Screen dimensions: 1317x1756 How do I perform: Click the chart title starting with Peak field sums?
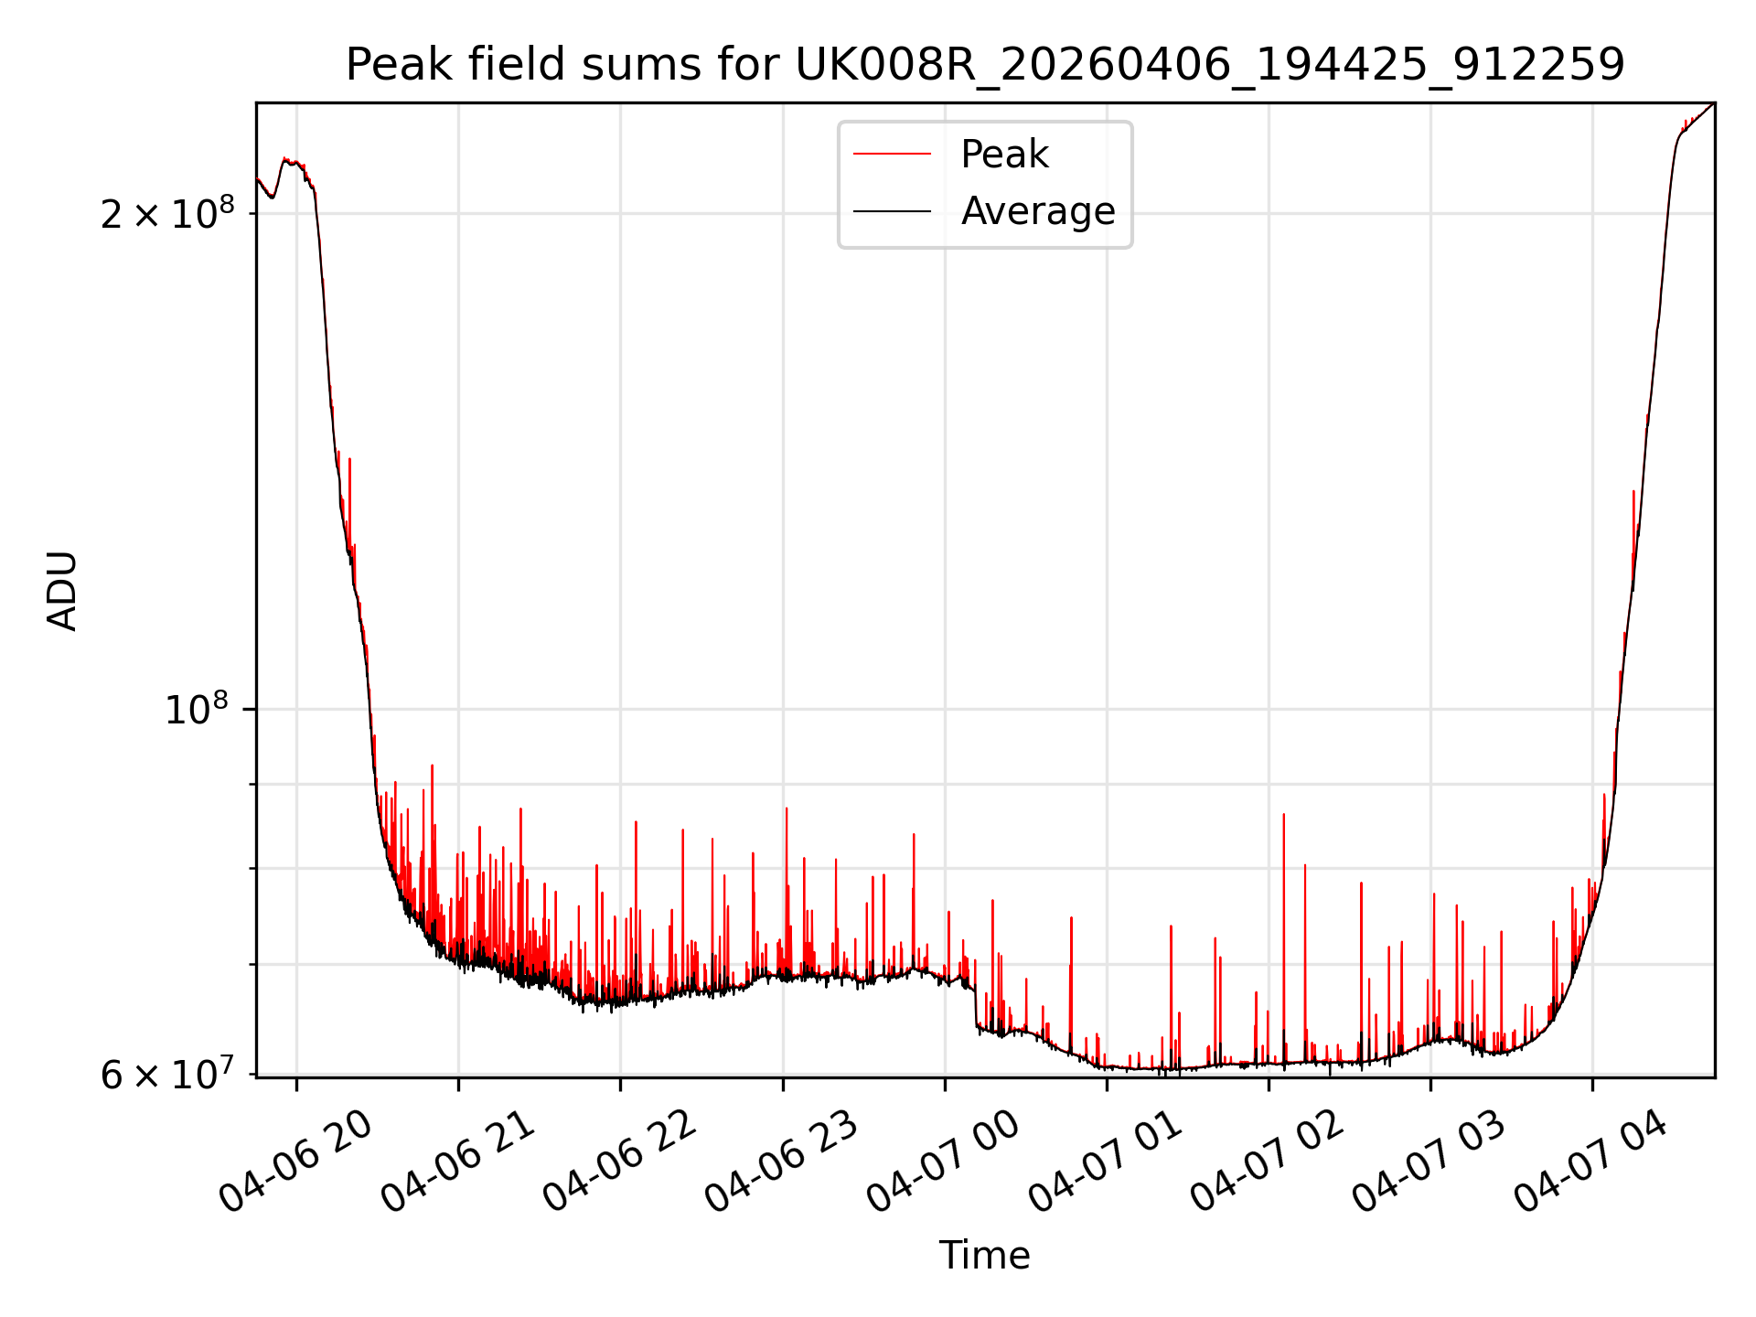984,65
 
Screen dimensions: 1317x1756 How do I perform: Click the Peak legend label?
1004,155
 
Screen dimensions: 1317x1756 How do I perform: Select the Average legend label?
1037,211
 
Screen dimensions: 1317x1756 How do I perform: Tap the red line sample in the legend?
892,155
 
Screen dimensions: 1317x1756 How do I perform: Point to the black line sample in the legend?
892,211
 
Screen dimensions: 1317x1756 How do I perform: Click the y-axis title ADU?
62,590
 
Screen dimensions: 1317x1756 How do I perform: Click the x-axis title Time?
984,1256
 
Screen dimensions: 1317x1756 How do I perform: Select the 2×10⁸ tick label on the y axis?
166,214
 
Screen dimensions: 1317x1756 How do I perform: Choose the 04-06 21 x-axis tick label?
458,1162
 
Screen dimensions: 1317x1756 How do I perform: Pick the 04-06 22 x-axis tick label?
620,1162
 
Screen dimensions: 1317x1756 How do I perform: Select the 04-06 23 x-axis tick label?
782,1162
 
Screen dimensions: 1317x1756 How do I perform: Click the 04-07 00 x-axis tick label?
944,1162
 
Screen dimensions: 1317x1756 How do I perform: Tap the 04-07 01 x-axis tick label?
1106,1162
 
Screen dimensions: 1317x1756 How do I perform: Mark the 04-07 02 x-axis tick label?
1268,1162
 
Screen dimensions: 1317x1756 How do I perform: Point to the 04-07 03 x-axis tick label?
1429,1162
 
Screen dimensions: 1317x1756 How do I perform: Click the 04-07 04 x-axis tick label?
1591,1162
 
